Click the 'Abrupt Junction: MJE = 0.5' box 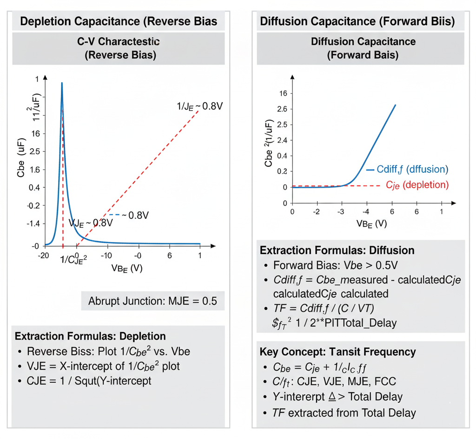point(153,301)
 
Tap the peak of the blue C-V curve point(62,83)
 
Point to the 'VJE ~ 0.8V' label point(90,223)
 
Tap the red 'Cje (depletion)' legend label point(417,185)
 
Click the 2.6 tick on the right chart point(282,109)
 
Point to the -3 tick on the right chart point(342,212)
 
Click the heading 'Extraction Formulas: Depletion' point(90,336)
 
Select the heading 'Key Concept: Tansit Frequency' point(337,351)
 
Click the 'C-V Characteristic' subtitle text point(119,42)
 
